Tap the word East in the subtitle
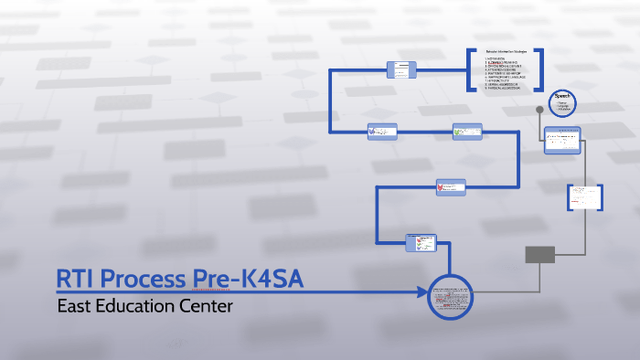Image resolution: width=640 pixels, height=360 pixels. click(x=75, y=305)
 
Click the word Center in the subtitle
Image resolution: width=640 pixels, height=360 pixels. click(x=208, y=305)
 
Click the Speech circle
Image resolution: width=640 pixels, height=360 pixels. click(x=560, y=101)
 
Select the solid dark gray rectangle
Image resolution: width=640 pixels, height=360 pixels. click(x=539, y=254)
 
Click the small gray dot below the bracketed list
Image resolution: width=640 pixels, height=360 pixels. click(x=539, y=110)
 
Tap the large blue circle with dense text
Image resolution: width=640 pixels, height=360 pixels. click(x=450, y=296)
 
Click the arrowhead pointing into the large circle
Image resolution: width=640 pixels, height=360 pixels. click(x=422, y=292)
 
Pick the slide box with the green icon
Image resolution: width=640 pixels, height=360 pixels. click(x=466, y=132)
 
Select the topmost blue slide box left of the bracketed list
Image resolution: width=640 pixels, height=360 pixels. click(x=401, y=69)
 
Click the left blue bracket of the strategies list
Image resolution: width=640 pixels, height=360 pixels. click(x=470, y=69)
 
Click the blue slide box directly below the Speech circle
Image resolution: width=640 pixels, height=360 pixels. click(x=562, y=140)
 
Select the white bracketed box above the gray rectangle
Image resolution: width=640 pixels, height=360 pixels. click(x=584, y=196)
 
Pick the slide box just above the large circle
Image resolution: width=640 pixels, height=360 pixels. click(x=421, y=243)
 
